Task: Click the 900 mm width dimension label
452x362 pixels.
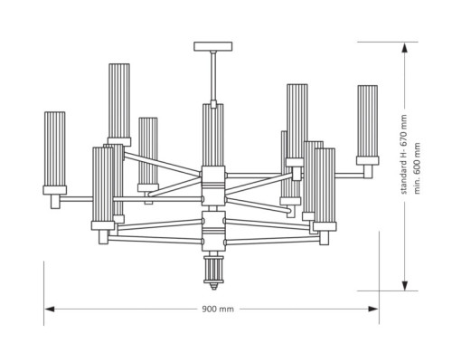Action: [x=218, y=309]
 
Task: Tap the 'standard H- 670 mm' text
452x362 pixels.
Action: [x=404, y=154]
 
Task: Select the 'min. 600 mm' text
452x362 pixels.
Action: [x=417, y=168]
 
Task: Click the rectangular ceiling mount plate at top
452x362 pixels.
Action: [x=213, y=46]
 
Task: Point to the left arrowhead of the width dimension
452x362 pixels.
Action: [x=50, y=309]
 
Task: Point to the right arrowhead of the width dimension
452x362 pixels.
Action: [x=373, y=309]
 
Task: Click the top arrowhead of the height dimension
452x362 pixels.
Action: [x=405, y=48]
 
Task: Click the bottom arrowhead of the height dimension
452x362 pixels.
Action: [x=405, y=285]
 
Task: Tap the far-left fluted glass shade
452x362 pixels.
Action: [x=55, y=148]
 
